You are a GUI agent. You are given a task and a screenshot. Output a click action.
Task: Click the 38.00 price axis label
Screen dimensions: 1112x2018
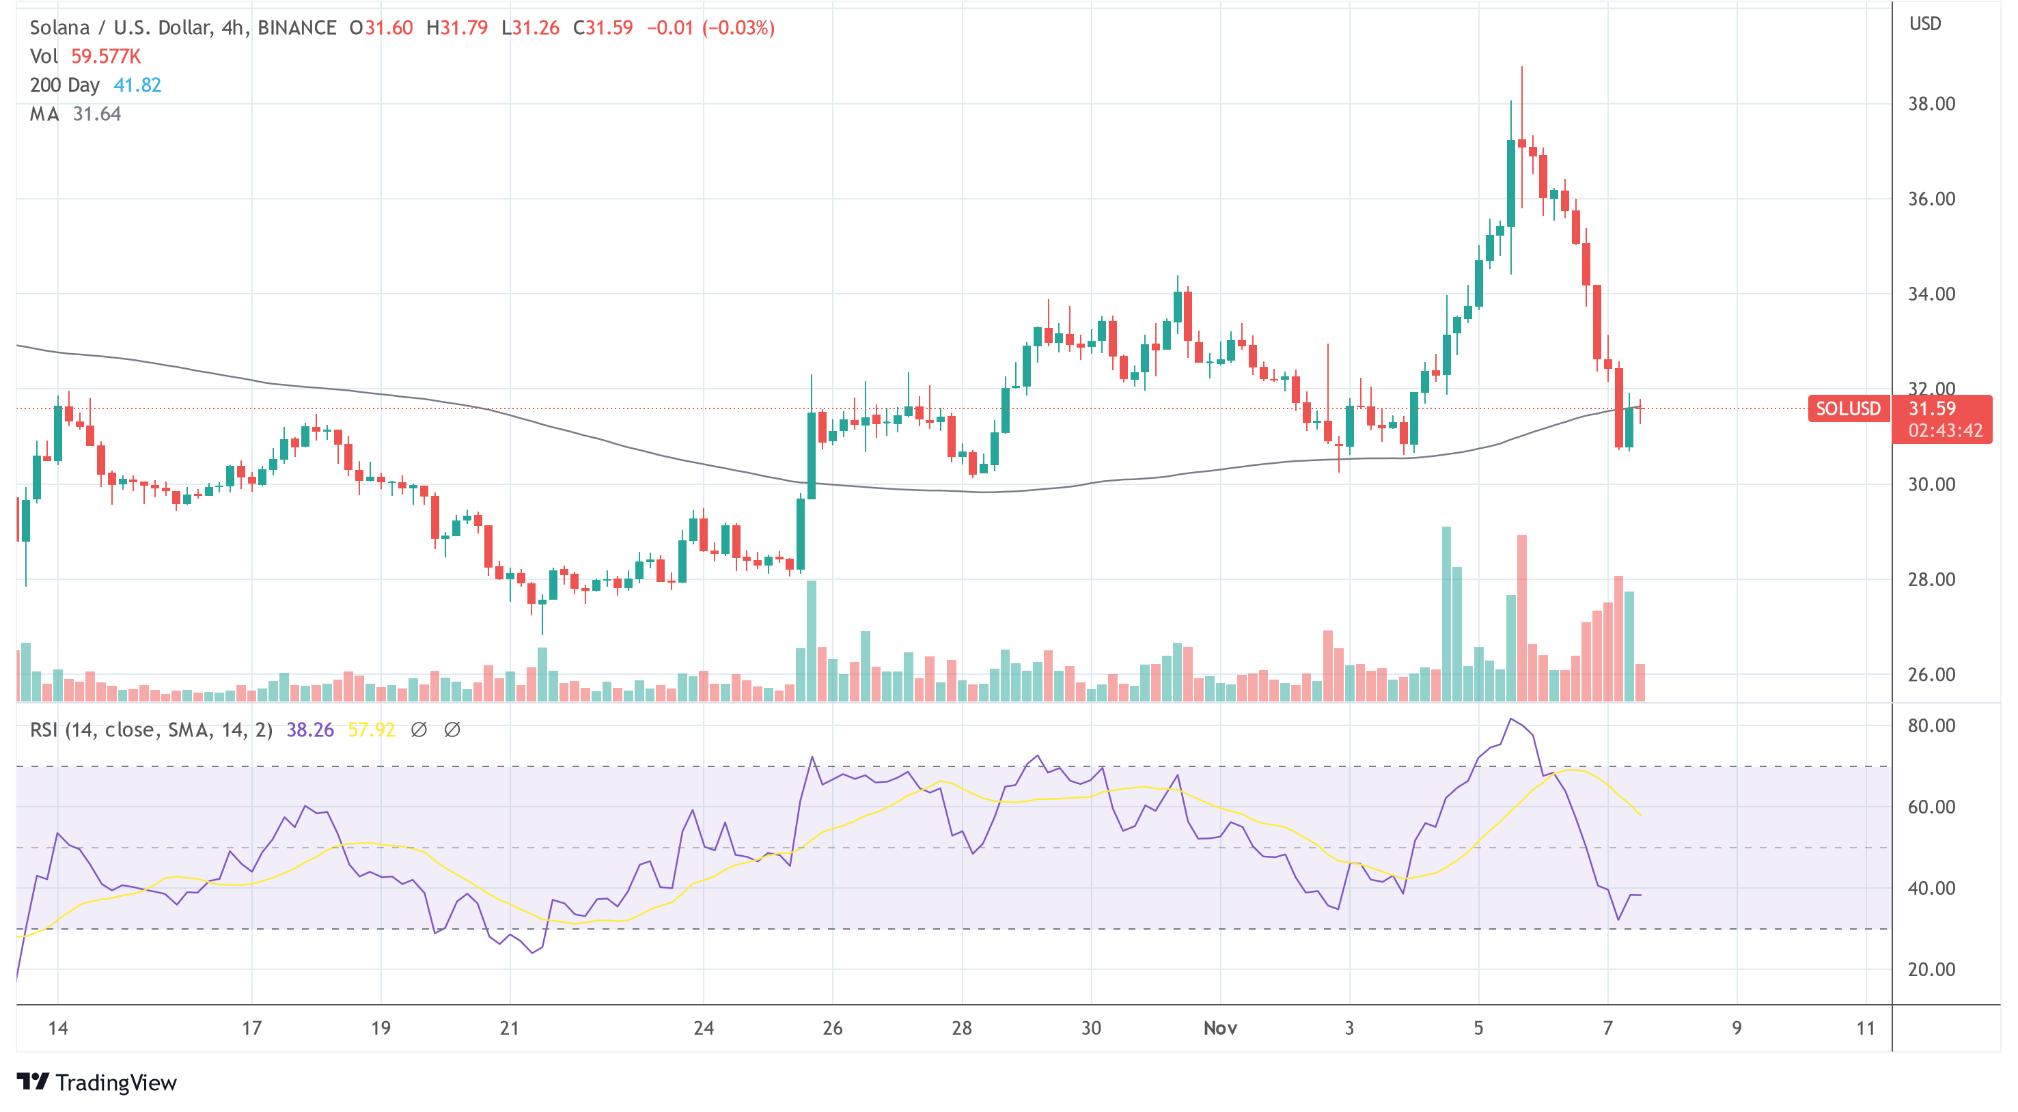tap(1931, 104)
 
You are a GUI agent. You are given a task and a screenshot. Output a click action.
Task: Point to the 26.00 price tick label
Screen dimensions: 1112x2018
tap(1931, 674)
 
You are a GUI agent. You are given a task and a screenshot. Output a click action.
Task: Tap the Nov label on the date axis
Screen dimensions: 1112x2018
tap(1219, 1028)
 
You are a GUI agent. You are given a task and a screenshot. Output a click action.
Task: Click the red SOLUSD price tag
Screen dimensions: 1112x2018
tap(1848, 408)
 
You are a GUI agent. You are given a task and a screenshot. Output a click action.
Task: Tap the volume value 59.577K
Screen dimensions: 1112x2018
tap(106, 57)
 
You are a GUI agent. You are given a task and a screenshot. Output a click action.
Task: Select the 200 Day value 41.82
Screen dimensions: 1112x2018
tap(137, 85)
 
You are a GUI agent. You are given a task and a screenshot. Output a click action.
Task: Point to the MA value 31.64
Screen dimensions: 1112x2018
tap(96, 114)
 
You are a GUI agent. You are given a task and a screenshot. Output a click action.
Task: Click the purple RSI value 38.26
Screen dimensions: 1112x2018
tap(309, 730)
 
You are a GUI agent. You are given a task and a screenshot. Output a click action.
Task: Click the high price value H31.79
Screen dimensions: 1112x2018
tap(457, 28)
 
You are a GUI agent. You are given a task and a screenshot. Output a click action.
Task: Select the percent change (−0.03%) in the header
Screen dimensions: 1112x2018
tap(738, 28)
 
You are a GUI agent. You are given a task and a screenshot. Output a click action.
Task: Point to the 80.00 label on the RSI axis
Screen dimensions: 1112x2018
tap(1931, 725)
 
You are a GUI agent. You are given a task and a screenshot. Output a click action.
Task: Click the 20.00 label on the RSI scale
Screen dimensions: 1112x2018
tap(1931, 969)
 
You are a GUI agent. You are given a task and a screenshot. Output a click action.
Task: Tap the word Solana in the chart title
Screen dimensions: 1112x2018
tap(59, 28)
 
